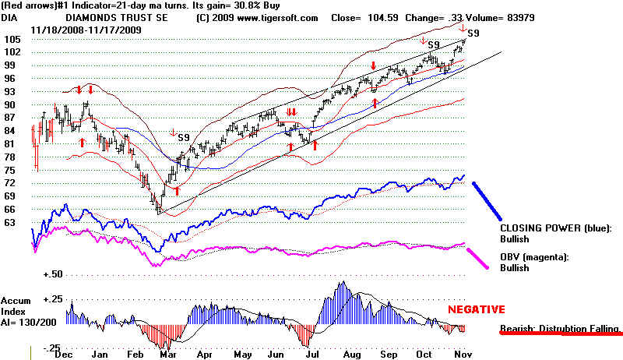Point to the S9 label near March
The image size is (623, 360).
tap(185, 137)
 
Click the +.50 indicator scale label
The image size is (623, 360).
tap(54, 274)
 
